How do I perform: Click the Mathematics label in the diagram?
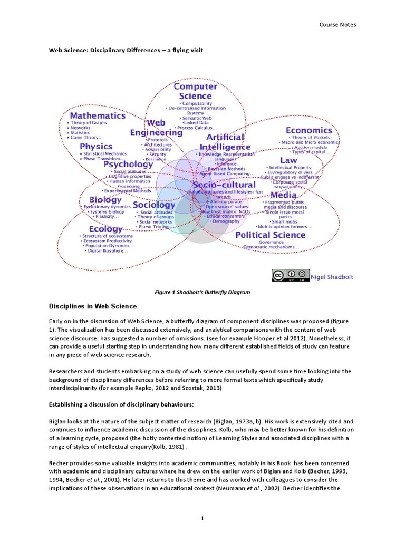click(x=98, y=115)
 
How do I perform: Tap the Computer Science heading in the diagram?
click(x=195, y=91)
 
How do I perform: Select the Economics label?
click(x=309, y=130)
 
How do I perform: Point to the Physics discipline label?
click(x=96, y=146)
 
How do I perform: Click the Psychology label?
click(x=128, y=163)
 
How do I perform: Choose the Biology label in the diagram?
click(x=105, y=199)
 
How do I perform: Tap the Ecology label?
click(x=105, y=229)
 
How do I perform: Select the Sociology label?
click(x=153, y=204)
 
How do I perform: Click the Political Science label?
click(x=270, y=235)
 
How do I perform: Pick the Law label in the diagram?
click(x=288, y=160)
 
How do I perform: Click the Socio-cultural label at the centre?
click(x=224, y=185)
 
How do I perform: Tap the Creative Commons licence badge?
click(x=290, y=275)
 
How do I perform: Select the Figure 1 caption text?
click(x=202, y=292)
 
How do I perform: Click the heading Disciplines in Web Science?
click(x=93, y=306)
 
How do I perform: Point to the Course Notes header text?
click(x=338, y=24)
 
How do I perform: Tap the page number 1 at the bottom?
click(x=202, y=519)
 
